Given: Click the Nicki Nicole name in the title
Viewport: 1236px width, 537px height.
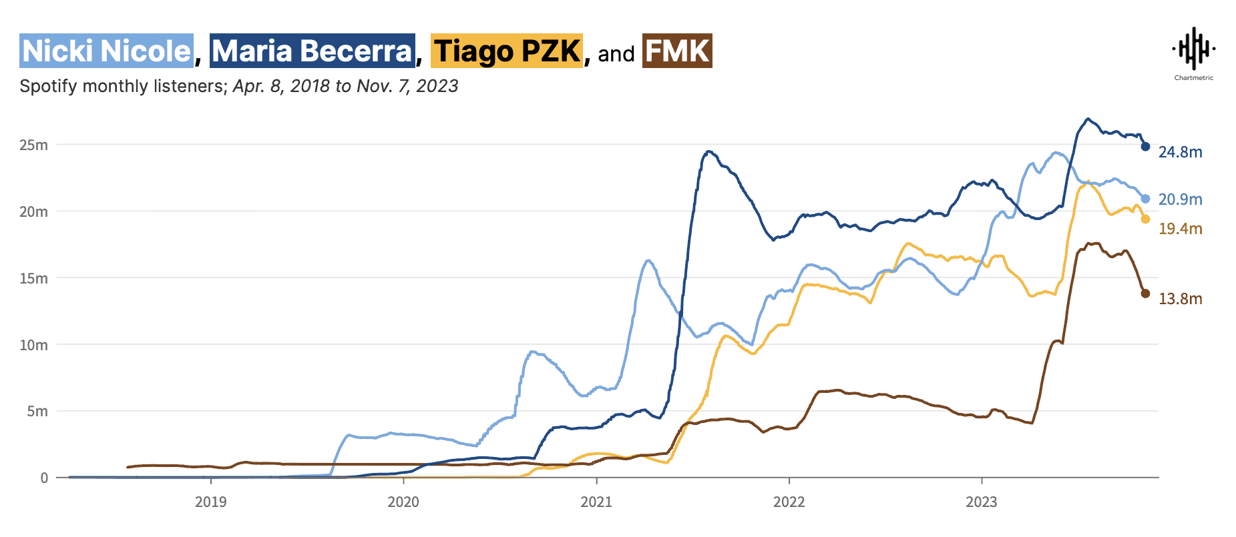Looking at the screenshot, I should [107, 51].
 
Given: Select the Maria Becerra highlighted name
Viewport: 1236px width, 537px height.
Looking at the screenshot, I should [313, 51].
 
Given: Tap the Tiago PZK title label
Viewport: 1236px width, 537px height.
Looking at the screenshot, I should [507, 51].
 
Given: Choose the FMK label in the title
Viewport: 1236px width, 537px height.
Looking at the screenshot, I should [677, 51].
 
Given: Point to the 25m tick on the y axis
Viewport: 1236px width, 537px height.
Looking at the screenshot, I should [33, 145].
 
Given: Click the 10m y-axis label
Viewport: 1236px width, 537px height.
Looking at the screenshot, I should [33, 345].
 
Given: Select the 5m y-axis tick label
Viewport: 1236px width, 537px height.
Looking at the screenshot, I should [37, 411].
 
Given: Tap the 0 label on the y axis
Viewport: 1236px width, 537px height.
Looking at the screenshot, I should [44, 478].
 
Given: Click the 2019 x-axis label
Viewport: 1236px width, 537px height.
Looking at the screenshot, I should [211, 502].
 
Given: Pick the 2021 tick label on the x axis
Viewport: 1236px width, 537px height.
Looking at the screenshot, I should [596, 502].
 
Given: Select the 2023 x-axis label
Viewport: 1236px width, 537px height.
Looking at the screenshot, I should [982, 502].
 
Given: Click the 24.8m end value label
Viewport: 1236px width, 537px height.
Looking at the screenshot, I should [1180, 152].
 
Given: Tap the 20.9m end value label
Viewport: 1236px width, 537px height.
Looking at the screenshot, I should [1180, 199].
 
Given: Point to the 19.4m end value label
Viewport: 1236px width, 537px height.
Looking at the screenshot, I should [1180, 229].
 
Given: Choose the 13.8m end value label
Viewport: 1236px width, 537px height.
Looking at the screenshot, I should [1180, 299].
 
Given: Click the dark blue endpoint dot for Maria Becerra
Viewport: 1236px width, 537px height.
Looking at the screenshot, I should [1145, 147].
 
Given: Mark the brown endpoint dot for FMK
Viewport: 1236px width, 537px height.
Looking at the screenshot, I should [1145, 294].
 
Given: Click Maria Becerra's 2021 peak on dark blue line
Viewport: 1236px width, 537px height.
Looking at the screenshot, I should [708, 152].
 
